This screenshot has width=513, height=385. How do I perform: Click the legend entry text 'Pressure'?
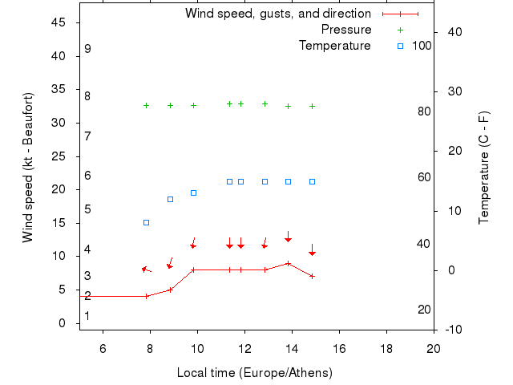point(346,30)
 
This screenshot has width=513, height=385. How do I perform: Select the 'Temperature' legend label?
point(334,46)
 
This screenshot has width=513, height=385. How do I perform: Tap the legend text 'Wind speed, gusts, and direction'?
point(277,14)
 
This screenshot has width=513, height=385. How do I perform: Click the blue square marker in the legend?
point(401,46)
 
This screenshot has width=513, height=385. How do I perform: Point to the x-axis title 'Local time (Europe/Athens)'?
point(254,373)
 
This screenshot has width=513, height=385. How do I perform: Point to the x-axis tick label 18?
point(386,348)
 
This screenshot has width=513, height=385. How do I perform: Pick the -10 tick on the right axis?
point(453,330)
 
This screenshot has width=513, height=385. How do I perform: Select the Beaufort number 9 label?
point(87,49)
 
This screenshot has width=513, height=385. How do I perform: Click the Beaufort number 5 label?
point(87,209)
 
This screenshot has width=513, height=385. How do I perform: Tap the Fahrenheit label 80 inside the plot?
point(425,111)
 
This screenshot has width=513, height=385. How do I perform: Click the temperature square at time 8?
point(146,222)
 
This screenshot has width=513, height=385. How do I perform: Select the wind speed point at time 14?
point(288,263)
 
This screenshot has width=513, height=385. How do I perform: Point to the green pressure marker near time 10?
point(193,105)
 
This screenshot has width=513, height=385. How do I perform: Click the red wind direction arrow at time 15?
point(312,250)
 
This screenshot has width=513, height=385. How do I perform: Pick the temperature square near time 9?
point(170,199)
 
